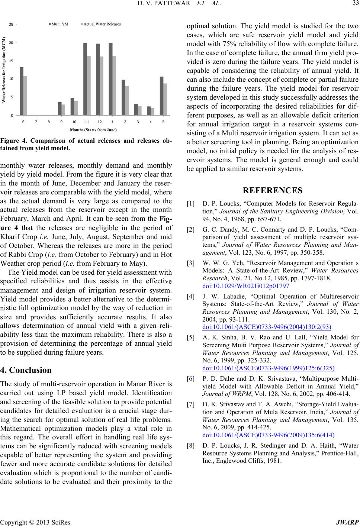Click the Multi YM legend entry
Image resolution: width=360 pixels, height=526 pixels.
(60, 24)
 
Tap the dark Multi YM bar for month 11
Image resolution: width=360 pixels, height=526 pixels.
(85, 79)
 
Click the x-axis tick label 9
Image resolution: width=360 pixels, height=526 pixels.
(61, 122)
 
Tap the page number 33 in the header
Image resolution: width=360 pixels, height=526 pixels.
(353, 4)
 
